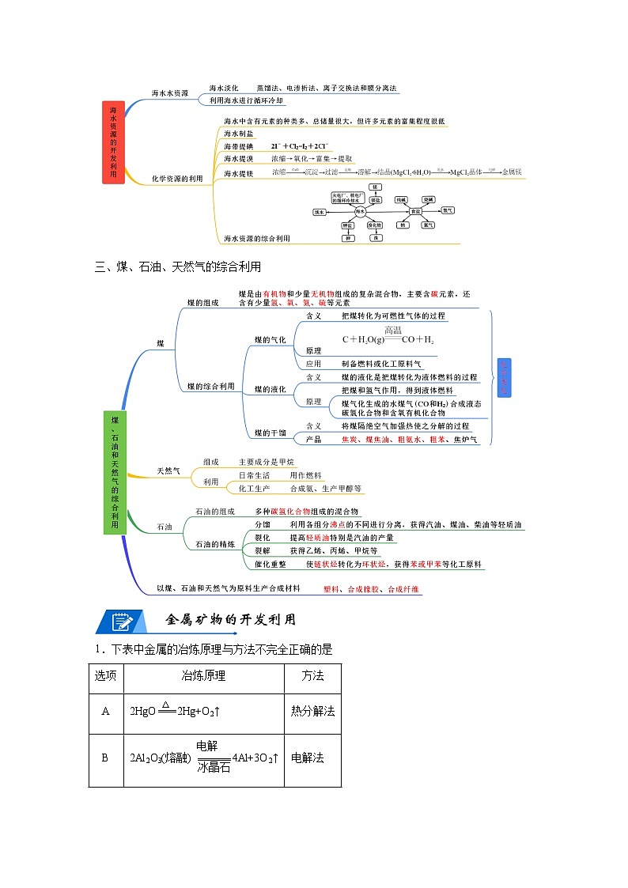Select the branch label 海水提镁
tap(238, 173)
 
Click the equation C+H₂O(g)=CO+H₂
tap(388, 338)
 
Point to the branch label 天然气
tap(168, 471)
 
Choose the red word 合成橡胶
tap(363, 589)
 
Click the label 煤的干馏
tap(270, 433)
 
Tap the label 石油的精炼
tap(215, 544)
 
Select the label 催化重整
tap(270, 565)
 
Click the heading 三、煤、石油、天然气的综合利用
tap(177, 266)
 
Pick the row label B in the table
tap(105, 758)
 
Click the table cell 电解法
tap(308, 758)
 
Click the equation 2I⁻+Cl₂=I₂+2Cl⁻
tap(299, 146)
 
